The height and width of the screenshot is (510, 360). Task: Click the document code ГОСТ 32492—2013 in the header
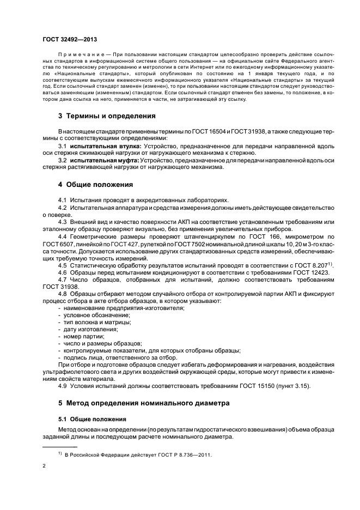(70, 39)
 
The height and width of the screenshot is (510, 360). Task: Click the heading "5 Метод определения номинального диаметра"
(140, 404)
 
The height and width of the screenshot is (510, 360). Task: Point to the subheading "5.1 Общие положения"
(92, 419)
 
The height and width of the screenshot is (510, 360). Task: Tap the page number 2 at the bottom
(44, 466)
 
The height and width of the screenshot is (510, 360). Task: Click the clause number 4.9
(63, 386)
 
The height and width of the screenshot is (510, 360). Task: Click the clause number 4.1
(63, 200)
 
